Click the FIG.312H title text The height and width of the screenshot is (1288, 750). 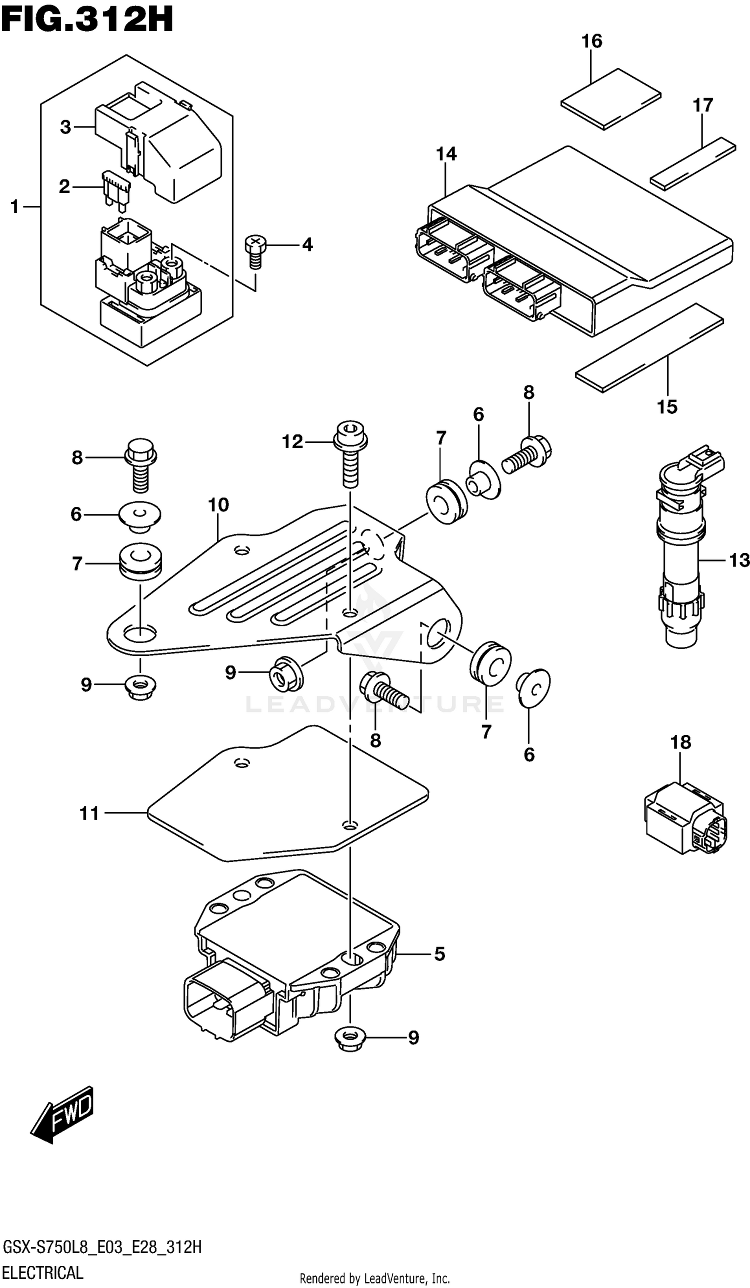pyautogui.click(x=87, y=19)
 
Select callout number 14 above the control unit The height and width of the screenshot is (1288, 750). pyautogui.click(x=446, y=154)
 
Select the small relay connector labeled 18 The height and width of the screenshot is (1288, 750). pyautogui.click(x=684, y=818)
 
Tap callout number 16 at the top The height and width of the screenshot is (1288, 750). pyautogui.click(x=591, y=41)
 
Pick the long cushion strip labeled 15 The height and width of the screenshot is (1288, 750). pyautogui.click(x=649, y=347)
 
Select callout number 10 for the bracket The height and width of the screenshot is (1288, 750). pyautogui.click(x=218, y=505)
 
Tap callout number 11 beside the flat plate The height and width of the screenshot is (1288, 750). pyautogui.click(x=89, y=813)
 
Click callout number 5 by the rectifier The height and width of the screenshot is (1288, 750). pyautogui.click(x=439, y=953)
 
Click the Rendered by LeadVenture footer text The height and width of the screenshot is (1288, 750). pyautogui.click(x=374, y=1278)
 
